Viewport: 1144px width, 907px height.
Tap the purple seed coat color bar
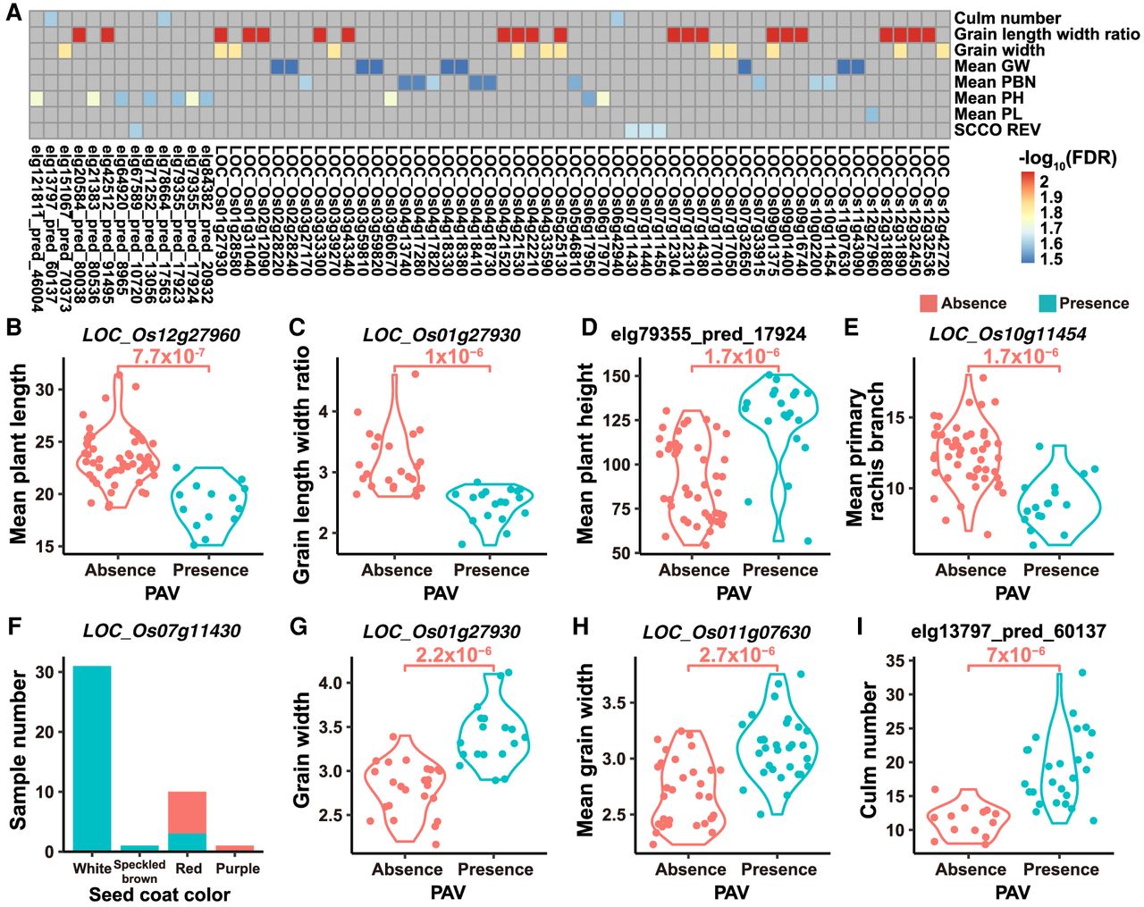(x=234, y=848)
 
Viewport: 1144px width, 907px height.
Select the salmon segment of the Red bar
(x=187, y=812)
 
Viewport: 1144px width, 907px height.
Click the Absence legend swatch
(x=927, y=304)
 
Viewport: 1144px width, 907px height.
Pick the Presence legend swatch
(x=1047, y=304)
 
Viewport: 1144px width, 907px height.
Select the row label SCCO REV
(x=997, y=130)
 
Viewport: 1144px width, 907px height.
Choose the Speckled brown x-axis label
(x=139, y=871)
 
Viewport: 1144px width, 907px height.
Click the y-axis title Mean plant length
(x=19, y=455)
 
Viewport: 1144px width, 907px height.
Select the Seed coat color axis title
(x=160, y=894)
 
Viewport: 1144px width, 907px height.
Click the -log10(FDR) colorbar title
(x=1067, y=159)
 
